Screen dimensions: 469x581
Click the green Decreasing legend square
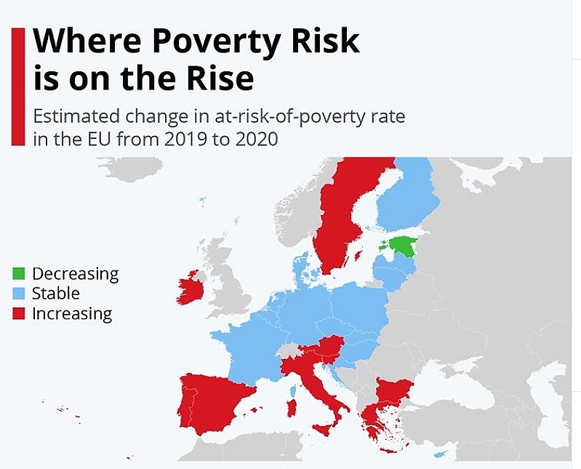pyautogui.click(x=19, y=274)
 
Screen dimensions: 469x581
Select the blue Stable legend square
pyautogui.click(x=19, y=294)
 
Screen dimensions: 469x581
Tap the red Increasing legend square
pyautogui.click(x=19, y=314)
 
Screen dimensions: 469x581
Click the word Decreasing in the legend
pyautogui.click(x=75, y=274)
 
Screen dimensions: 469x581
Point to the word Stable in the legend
pyautogui.click(x=56, y=294)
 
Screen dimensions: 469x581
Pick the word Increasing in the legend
pyautogui.click(x=72, y=314)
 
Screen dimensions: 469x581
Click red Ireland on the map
pyautogui.click(x=189, y=287)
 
